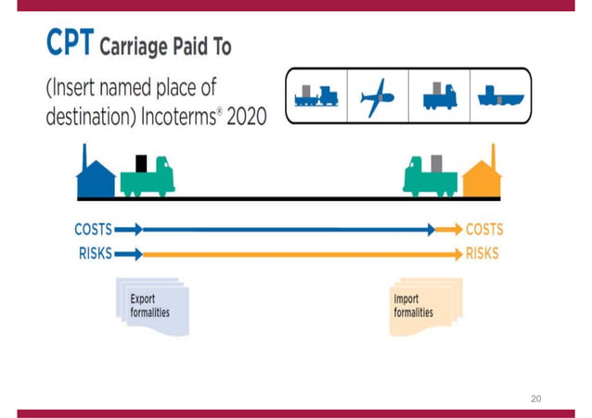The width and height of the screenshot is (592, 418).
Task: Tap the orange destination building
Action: pos(482,176)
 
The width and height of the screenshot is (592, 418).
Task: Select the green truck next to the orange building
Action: pos(430,177)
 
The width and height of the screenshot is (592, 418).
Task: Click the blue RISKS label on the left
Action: pos(96,253)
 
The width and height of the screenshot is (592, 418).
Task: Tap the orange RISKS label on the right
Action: pos(482,253)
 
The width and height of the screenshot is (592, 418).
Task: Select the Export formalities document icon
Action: pos(153,307)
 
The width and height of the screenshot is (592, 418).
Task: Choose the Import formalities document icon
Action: pos(423,307)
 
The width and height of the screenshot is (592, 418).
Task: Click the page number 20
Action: pos(535,399)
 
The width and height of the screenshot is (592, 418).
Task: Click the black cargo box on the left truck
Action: pos(141,163)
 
